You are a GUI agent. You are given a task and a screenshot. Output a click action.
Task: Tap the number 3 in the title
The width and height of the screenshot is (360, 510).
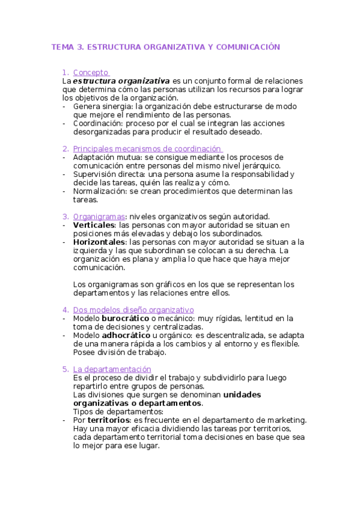81,46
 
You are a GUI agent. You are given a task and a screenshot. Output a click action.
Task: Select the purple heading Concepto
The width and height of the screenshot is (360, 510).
91,72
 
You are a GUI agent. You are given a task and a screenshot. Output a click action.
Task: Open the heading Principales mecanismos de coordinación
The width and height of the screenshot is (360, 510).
147,149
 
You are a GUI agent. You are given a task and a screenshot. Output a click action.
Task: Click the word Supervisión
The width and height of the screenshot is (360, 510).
96,174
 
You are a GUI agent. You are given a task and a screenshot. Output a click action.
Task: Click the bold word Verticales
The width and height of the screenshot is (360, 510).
94,225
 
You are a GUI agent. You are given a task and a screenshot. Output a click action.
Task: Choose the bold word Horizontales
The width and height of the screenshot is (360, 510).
99,242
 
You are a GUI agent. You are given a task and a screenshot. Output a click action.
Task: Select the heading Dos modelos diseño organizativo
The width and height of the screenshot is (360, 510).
133,310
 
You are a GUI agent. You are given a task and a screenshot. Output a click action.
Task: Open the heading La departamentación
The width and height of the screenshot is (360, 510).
112,369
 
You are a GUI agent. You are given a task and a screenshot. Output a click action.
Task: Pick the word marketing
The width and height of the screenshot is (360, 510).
284,420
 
